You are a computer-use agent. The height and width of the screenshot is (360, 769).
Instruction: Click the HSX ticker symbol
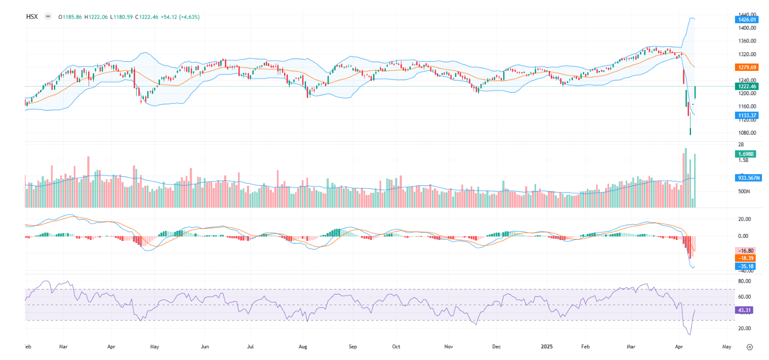coord(32,17)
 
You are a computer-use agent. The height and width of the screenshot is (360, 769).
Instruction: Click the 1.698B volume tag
coord(746,153)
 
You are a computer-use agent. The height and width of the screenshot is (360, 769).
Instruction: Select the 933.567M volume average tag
coord(748,178)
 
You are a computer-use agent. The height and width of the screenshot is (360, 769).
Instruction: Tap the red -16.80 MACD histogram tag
coord(746,251)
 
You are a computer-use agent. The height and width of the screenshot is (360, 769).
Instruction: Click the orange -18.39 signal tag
coord(746,258)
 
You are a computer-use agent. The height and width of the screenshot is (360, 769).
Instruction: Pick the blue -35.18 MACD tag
coord(746,266)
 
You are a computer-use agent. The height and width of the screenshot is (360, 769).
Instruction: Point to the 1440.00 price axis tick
coord(747,15)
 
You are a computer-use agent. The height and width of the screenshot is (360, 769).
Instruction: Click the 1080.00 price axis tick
coord(747,133)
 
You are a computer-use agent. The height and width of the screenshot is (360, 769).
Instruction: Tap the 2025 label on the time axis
coord(547,347)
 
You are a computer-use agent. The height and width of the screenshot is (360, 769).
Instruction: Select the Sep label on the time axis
coord(353,347)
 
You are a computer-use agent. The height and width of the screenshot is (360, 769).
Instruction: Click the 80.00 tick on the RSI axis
coord(744,281)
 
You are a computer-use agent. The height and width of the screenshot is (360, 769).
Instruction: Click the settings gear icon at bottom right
coord(750,347)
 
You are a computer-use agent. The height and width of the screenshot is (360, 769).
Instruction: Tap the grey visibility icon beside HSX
coord(48,17)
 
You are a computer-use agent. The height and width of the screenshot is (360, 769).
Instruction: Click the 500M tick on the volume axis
coord(743,192)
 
